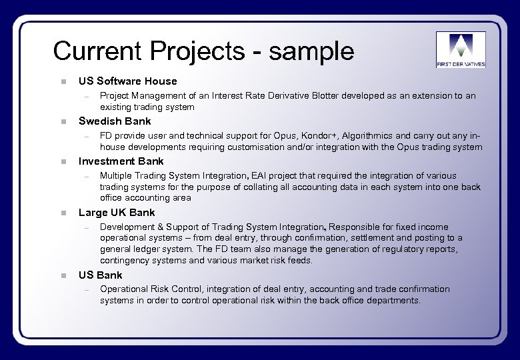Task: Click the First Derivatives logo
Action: pos(461,50)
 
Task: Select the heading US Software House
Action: pos(128,81)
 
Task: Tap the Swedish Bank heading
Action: pos(115,121)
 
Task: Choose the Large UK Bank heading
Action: pos(117,213)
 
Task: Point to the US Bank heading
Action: pos(100,275)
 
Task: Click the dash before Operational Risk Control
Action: pos(87,289)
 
